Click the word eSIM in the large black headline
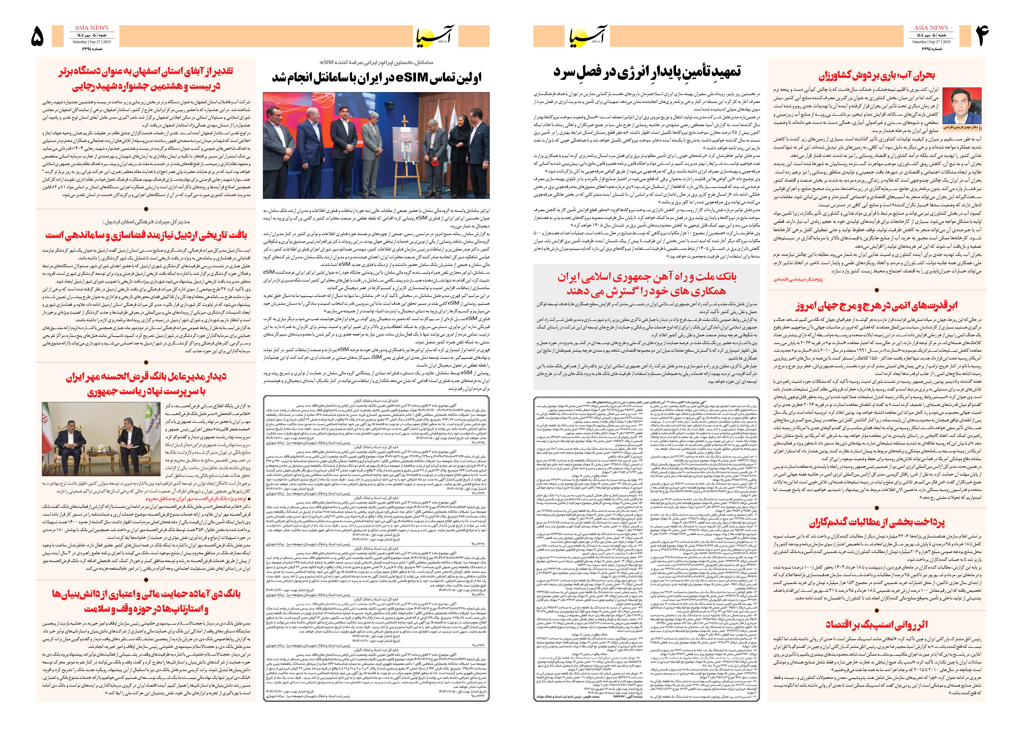(x=412, y=77)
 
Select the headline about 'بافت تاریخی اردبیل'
(x=146, y=235)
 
